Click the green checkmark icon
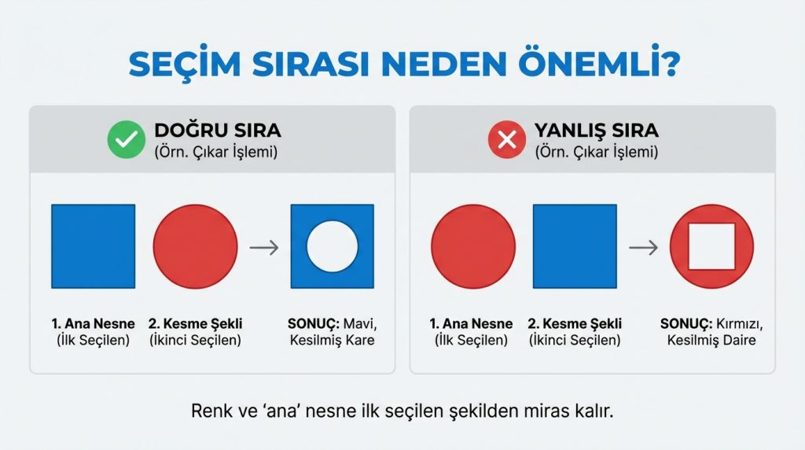[x=122, y=141]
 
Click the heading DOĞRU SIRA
[x=218, y=130]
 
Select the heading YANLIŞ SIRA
[x=597, y=130]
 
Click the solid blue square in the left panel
[x=93, y=246]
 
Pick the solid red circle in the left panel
[x=195, y=246]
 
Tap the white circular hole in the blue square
[x=332, y=246]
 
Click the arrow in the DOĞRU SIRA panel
[x=264, y=247]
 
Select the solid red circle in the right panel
[x=473, y=246]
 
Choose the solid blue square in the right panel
[x=575, y=246]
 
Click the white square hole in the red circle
[x=711, y=246]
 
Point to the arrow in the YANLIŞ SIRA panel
[x=644, y=247]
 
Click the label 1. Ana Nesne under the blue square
[x=93, y=323]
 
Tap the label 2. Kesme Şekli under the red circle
[x=195, y=323]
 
